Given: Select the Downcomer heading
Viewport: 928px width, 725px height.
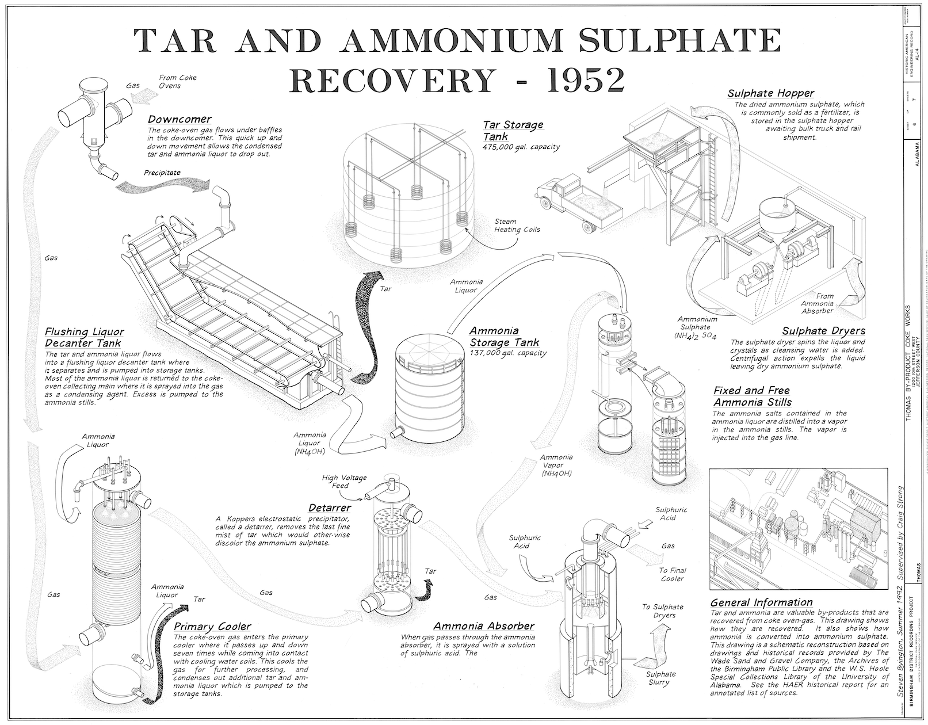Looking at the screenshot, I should pos(180,120).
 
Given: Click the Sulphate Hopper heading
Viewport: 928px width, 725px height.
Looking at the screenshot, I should pos(770,93).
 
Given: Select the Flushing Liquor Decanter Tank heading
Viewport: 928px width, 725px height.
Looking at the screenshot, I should pos(84,338).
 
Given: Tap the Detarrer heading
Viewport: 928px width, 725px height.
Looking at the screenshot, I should pos(330,507).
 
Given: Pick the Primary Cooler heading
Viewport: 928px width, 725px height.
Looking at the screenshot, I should pos(212,627).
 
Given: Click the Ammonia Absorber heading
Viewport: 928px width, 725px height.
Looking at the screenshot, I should pos(484,626).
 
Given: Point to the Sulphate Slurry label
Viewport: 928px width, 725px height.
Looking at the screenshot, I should pos(660,678).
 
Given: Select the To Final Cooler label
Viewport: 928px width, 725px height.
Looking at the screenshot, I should pos(671,574).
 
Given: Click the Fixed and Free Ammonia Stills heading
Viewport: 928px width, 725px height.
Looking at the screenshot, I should pos(751,396).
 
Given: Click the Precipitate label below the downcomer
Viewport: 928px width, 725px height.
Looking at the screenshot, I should pos(162,172).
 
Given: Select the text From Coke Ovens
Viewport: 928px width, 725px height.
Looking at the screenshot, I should pos(178,82).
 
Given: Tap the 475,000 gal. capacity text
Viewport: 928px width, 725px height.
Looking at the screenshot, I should pos(521,147).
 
